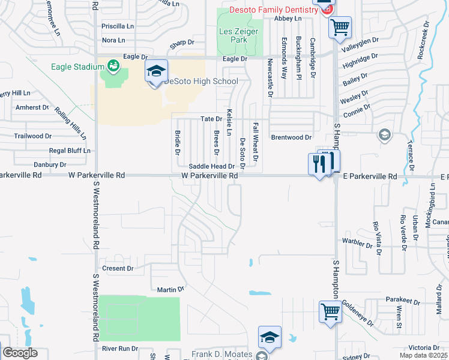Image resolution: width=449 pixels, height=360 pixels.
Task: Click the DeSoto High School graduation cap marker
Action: (156, 73)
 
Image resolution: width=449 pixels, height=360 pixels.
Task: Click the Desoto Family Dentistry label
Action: (274, 10)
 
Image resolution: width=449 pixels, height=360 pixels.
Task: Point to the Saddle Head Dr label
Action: (211, 166)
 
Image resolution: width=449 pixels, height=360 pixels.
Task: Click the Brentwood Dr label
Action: (291, 137)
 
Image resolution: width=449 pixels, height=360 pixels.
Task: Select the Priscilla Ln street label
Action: (118, 26)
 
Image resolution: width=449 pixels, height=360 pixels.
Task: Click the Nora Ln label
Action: (113, 40)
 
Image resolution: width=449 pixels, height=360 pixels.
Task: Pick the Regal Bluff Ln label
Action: (70, 151)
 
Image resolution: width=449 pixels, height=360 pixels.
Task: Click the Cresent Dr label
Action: (118, 268)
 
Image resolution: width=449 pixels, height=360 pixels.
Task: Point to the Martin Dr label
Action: (166, 290)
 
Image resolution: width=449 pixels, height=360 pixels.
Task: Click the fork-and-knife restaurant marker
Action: (319, 164)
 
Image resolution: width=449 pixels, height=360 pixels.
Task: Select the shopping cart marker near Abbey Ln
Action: (340, 26)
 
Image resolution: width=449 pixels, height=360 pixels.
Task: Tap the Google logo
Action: (20, 353)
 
